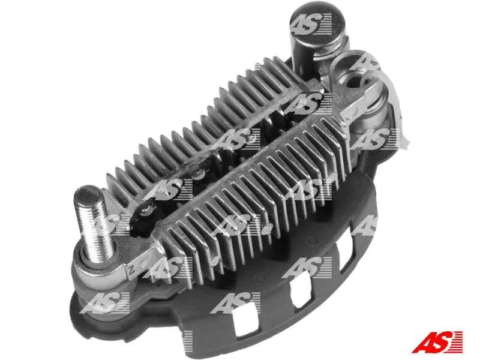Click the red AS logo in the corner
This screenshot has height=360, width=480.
[437, 341]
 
